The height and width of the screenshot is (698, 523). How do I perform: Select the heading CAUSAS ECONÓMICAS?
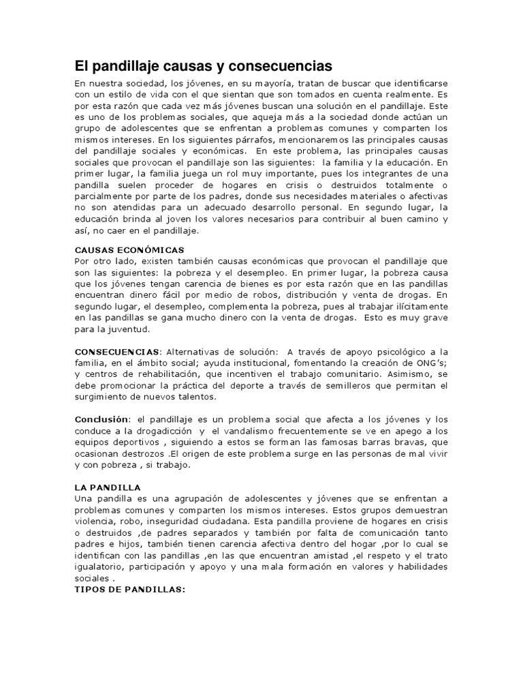(x=129, y=250)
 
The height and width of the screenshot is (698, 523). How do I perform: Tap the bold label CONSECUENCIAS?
(x=116, y=350)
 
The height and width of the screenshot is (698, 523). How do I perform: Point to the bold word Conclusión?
(x=101, y=419)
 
